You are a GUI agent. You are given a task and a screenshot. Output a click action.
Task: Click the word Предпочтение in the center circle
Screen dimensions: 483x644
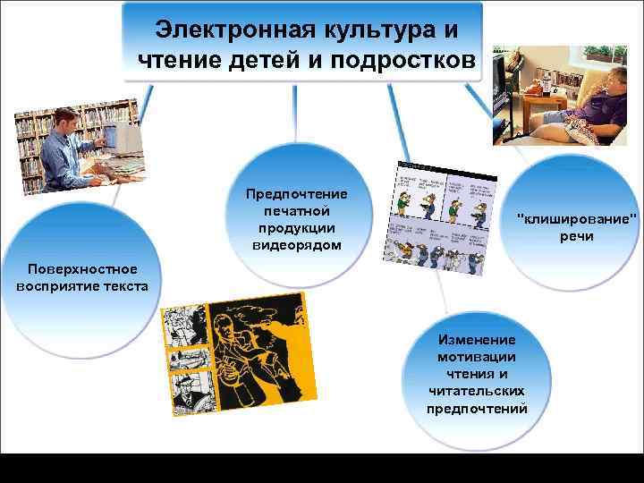297,194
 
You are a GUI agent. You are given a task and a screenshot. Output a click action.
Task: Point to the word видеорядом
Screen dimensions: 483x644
297,245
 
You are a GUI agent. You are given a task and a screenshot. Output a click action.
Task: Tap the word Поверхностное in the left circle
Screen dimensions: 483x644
81,268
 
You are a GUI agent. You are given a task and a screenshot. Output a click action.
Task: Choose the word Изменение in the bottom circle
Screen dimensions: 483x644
477,340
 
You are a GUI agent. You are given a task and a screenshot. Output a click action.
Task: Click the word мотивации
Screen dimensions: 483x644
477,357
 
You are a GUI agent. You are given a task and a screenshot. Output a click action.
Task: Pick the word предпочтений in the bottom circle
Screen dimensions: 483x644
477,408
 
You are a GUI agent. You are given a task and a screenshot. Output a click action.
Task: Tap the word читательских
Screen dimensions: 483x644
477,391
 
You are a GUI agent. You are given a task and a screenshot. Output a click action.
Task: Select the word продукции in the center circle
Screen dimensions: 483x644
297,228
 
